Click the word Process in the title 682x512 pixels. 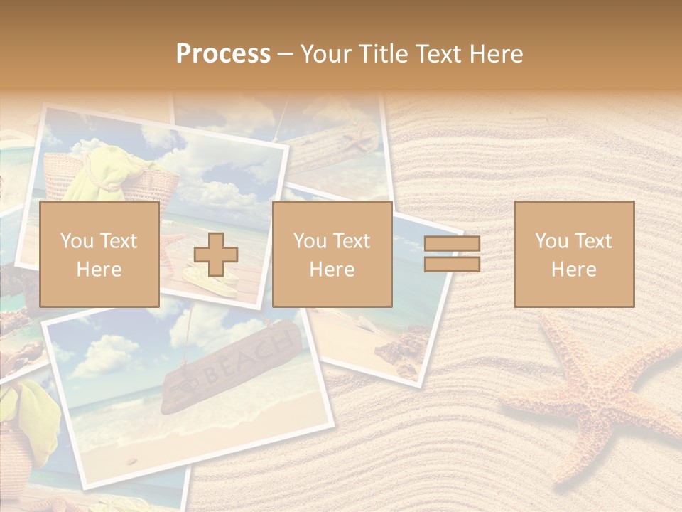pyautogui.click(x=223, y=54)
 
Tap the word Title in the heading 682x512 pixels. pyautogui.click(x=382, y=54)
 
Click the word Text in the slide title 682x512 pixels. pyautogui.click(x=434, y=54)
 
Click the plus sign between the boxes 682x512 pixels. pyautogui.click(x=216, y=255)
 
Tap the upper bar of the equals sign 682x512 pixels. pyautogui.click(x=452, y=244)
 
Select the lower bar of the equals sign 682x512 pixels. pyautogui.click(x=452, y=265)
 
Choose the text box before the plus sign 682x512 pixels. pyautogui.click(x=99, y=254)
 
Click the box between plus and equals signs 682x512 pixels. pyautogui.click(x=332, y=254)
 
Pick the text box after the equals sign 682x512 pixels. pyautogui.click(x=573, y=254)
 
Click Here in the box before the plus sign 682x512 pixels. pyautogui.click(x=99, y=270)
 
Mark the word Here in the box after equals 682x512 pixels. pyautogui.click(x=573, y=270)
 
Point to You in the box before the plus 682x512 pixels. pyautogui.click(x=77, y=241)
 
